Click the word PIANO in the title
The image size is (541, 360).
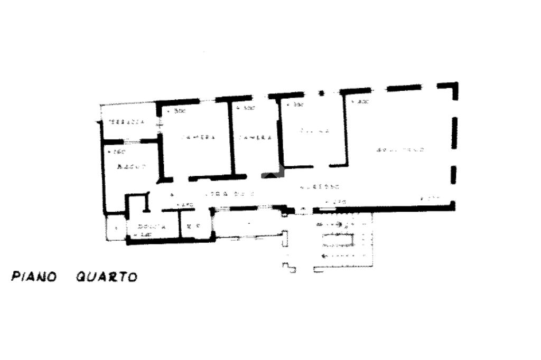[x=34, y=276]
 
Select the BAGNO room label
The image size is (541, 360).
[x=130, y=167]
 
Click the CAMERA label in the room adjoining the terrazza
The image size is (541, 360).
[x=198, y=137]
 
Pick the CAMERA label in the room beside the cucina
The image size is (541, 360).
[x=255, y=137]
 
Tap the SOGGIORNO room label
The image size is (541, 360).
[x=400, y=150]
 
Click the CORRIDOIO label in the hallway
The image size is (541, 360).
[x=226, y=193]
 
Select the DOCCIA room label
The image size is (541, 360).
[x=152, y=226]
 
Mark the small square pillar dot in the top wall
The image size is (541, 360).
[x=321, y=93]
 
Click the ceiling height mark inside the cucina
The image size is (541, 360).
[x=295, y=106]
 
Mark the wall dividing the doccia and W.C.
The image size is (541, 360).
[x=180, y=224]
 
